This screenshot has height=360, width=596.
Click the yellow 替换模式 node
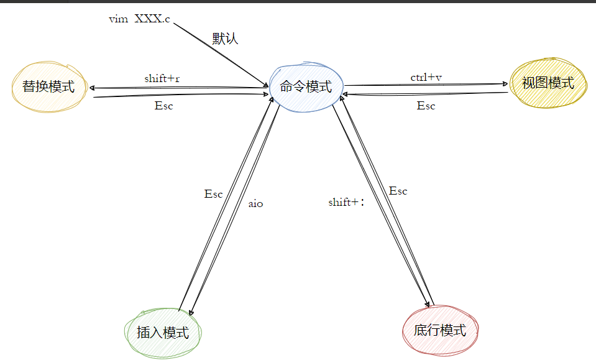coord(48,86)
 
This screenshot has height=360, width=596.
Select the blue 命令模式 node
coord(306,86)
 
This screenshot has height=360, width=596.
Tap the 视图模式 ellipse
coord(548,83)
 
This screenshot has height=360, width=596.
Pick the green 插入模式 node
coord(163,332)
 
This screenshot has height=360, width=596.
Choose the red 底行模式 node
coord(440,330)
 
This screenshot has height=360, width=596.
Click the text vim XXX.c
coord(139,19)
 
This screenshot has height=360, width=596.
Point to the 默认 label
coord(225,39)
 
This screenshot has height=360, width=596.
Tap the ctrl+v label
coord(426,77)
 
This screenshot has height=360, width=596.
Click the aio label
coord(255,203)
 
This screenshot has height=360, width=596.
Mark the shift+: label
coord(346,202)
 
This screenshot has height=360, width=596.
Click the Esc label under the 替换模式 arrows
coord(163,106)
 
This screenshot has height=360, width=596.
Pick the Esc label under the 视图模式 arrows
coord(426,106)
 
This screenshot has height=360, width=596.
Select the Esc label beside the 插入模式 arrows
coord(213,194)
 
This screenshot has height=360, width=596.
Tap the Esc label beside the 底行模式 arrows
coord(398,191)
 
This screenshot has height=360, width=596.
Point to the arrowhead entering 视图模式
coord(505,84)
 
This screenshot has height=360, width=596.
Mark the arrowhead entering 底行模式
coord(428,304)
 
